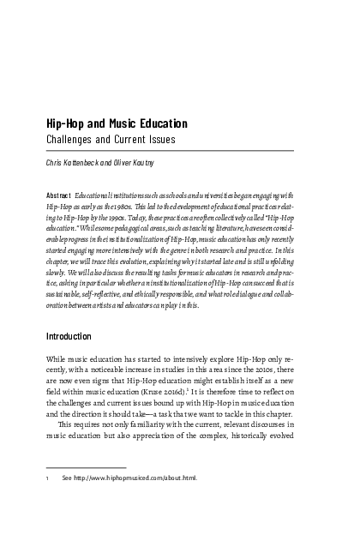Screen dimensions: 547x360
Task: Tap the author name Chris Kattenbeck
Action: tap(78, 159)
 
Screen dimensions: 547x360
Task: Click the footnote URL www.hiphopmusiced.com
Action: tap(130, 501)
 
